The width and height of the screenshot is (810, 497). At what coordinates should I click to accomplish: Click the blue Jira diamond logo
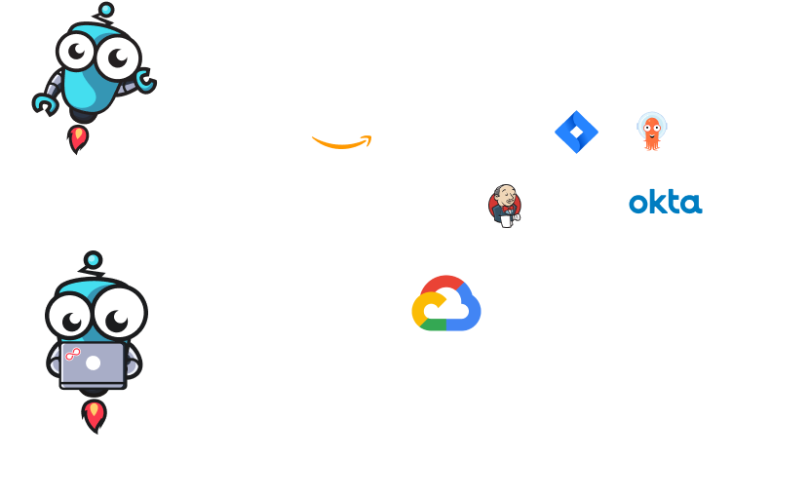(576, 132)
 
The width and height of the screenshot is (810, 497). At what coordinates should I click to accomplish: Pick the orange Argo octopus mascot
(650, 131)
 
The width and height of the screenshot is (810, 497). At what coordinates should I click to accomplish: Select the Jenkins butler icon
(504, 205)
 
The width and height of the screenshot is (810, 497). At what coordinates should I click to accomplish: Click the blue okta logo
(665, 203)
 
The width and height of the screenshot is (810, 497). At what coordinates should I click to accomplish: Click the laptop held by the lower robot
(93, 364)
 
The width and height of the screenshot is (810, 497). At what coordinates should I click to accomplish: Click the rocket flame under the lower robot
(94, 415)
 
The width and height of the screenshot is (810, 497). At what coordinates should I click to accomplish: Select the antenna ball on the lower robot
(93, 260)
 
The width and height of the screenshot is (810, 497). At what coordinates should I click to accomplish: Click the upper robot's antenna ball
(104, 11)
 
